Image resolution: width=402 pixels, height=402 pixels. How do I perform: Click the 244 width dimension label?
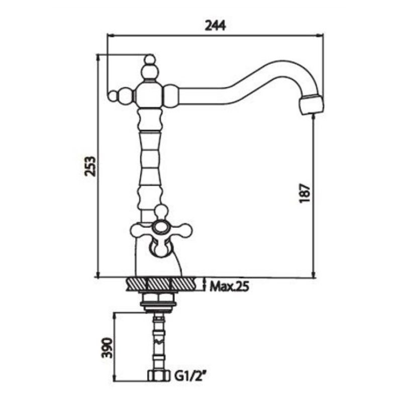(x=215, y=26)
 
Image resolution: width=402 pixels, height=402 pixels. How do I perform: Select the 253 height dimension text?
(x=90, y=166)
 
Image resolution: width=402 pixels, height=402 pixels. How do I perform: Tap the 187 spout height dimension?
(x=305, y=193)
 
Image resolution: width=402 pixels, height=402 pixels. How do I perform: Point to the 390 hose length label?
(x=107, y=348)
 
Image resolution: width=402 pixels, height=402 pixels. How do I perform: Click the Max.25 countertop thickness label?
(x=230, y=286)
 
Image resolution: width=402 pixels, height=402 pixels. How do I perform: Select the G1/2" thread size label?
(x=191, y=376)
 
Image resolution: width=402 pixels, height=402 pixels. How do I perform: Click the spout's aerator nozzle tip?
(x=312, y=105)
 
